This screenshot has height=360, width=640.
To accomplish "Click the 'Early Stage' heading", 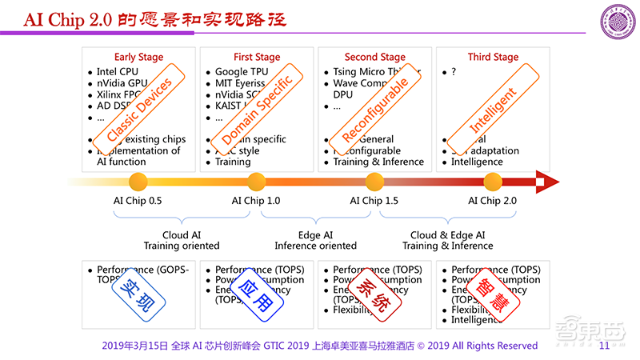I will pyautogui.click(x=138, y=58).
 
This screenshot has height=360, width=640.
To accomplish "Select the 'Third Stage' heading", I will pyautogui.click(x=492, y=58).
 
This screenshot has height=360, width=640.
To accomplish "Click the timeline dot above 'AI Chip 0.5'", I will pyautogui.click(x=138, y=181).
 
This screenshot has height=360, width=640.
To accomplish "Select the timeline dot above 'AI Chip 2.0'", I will pyautogui.click(x=493, y=181).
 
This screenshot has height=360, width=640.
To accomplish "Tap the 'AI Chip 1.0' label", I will pyautogui.click(x=256, y=201).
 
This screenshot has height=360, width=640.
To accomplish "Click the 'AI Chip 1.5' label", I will pyautogui.click(x=374, y=201).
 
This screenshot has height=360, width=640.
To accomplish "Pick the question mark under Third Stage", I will pyautogui.click(x=454, y=72).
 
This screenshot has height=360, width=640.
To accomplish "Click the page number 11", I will pyautogui.click(x=604, y=346).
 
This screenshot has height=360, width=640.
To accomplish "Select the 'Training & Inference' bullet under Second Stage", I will pyautogui.click(x=380, y=162).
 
